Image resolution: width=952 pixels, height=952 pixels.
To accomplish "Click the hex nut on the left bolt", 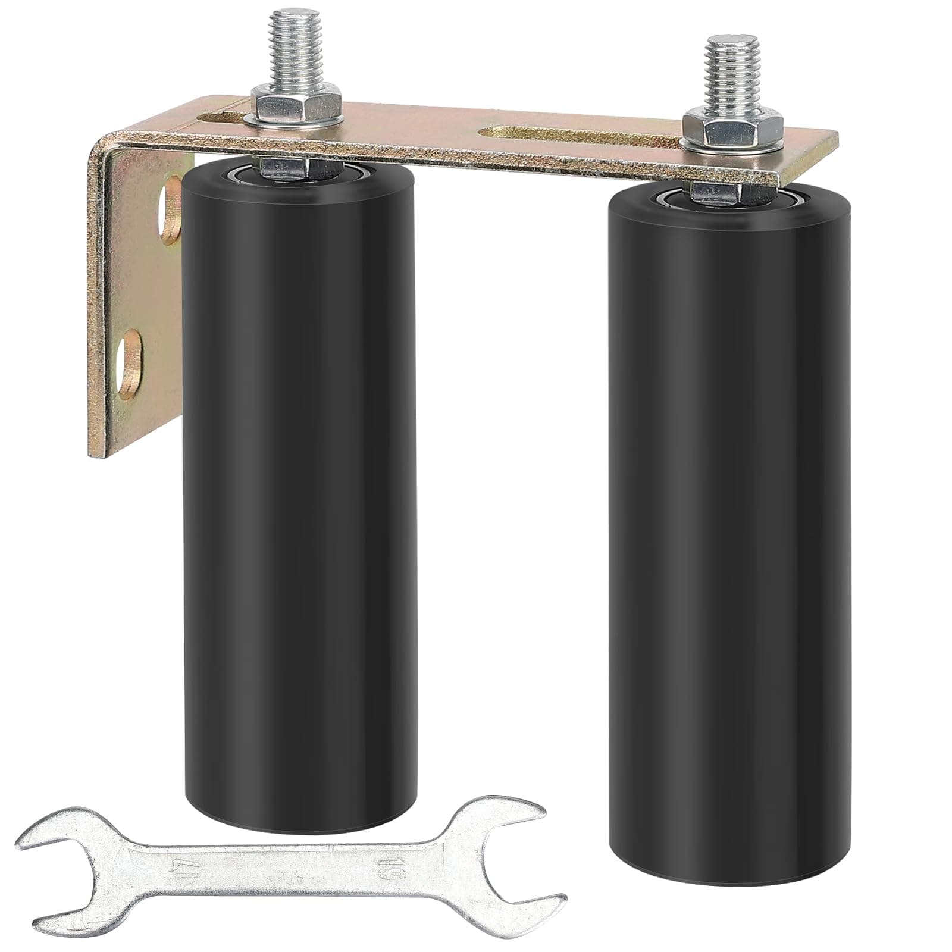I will coord(295,102).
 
